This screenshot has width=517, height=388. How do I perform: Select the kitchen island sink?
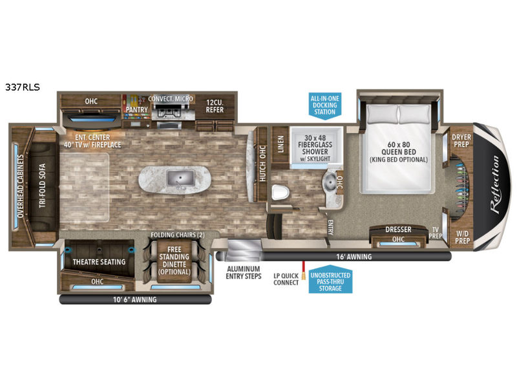coord(177,176)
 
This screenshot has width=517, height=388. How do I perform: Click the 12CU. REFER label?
coord(215,105)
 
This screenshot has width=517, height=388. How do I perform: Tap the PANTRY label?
coord(137,109)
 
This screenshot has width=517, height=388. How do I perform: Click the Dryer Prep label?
coord(461,140)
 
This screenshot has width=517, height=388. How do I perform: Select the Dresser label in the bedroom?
coord(398,230)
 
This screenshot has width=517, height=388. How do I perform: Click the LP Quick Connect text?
coord(285,278)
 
